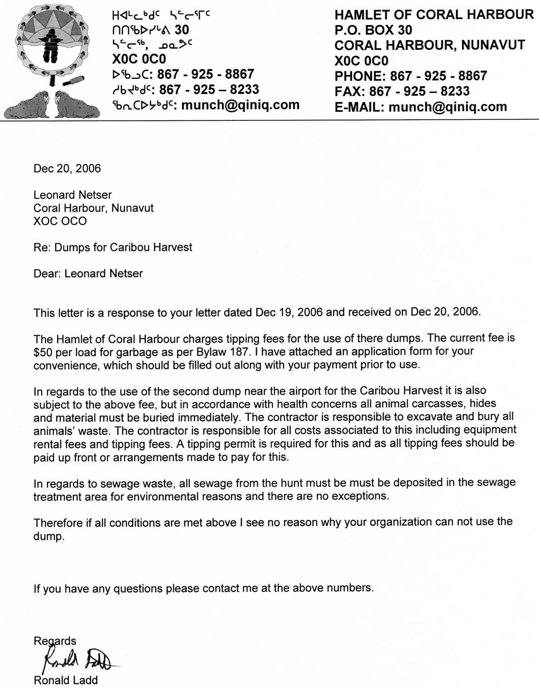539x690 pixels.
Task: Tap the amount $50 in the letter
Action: click(43, 352)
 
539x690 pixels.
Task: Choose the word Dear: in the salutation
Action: click(47, 274)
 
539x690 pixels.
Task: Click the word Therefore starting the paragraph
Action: click(58, 523)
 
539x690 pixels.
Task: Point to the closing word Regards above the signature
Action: click(55, 641)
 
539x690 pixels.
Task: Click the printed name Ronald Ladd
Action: click(65, 680)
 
